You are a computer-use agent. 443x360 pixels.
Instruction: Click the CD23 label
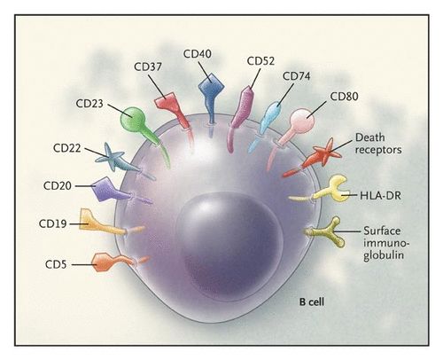89,104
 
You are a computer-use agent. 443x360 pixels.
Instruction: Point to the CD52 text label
260,61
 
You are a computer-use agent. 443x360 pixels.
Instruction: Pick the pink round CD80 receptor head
302,121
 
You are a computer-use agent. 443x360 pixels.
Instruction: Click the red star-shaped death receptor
325,153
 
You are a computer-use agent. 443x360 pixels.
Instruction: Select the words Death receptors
378,144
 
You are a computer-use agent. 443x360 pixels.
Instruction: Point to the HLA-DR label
380,195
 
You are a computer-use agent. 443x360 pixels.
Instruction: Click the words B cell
312,301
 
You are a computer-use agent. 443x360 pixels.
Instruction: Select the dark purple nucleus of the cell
229,246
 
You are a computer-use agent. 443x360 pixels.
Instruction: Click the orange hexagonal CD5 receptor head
103,262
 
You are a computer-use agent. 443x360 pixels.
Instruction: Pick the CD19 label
53,223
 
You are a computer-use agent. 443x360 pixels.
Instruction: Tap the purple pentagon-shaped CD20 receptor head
105,190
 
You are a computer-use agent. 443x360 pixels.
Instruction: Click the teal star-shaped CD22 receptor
110,157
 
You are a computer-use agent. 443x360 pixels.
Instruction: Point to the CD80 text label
344,97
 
